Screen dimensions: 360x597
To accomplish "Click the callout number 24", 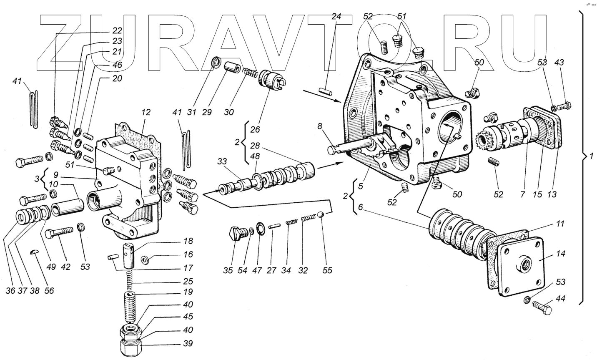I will point(336,17).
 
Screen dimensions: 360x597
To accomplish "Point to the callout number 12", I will point(145,112).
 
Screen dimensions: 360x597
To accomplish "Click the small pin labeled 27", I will point(273,226).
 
